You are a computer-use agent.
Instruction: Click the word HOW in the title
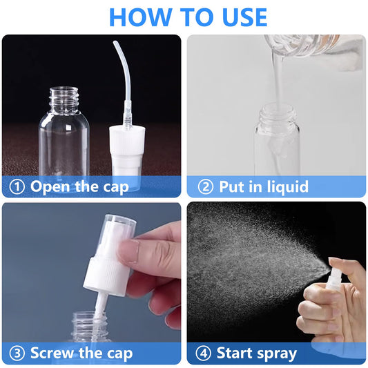pos(140,17)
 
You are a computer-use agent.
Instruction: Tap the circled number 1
pos(17,187)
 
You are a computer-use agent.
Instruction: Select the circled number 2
pos(206,187)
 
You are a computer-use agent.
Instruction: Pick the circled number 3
pos(17,354)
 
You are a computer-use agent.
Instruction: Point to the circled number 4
pos(203,354)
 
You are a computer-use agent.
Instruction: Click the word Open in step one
pos(50,187)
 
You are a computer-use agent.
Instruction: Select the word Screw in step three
pos(52,353)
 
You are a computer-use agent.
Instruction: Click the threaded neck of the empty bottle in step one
pos(64,99)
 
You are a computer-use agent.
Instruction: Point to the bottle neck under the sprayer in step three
pos(89,325)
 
